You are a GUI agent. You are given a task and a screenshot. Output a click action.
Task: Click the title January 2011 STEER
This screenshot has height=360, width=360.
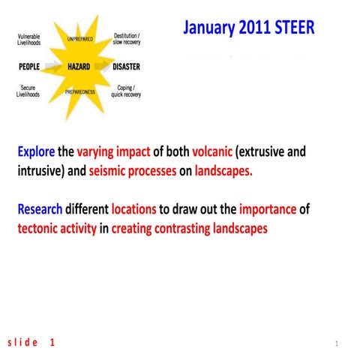[x=248, y=28]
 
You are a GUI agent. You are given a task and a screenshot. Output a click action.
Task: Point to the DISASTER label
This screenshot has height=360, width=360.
[x=126, y=67]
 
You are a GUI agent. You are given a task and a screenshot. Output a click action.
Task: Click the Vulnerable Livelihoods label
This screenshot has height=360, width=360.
[x=29, y=39]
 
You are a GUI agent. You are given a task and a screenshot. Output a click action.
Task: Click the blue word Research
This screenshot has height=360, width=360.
[x=41, y=208]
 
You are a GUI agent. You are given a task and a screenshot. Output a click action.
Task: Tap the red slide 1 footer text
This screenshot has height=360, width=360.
[x=31, y=342]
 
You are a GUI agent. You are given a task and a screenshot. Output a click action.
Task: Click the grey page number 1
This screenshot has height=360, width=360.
[x=337, y=343]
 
